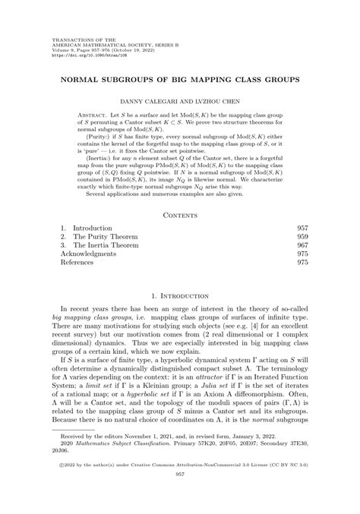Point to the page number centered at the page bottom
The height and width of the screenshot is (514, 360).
click(180, 495)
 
